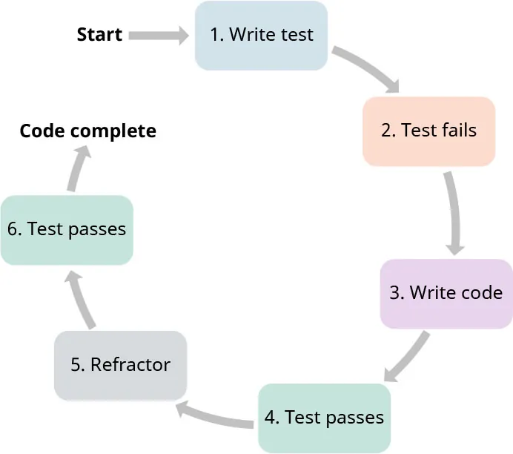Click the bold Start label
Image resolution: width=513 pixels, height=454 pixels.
(x=99, y=35)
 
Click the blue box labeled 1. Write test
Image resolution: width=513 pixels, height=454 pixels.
(x=261, y=35)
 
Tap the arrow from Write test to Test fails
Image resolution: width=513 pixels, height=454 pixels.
(x=368, y=70)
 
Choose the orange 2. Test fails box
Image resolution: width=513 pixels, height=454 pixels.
(x=428, y=131)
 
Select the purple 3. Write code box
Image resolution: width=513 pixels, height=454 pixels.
(x=446, y=292)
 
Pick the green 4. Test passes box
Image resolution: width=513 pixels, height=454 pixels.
(x=324, y=418)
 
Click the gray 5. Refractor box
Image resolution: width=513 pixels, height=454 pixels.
(x=120, y=364)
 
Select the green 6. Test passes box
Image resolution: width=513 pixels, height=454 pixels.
(x=67, y=229)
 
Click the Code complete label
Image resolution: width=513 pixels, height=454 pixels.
(x=87, y=131)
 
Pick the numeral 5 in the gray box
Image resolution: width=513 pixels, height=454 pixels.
(x=76, y=365)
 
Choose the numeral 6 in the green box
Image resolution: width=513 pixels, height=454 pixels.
(x=13, y=229)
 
